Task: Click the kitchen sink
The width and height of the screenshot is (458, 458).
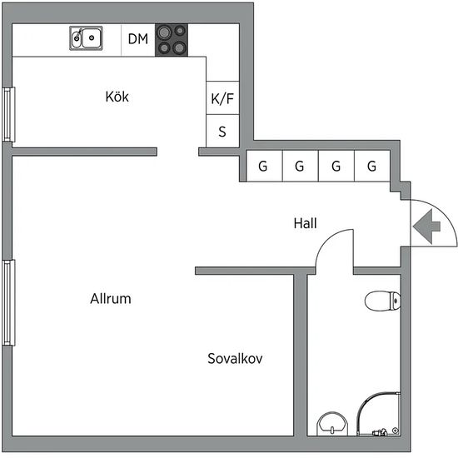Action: [86, 38]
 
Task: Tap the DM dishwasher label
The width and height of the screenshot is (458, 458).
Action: [138, 39]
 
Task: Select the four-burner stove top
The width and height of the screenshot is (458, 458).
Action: [172, 40]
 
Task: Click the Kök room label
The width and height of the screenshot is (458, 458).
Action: [117, 97]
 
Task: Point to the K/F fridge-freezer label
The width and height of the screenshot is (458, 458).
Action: [222, 98]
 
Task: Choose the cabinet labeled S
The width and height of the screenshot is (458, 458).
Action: [222, 131]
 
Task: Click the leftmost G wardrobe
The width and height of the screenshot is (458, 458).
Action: [264, 166]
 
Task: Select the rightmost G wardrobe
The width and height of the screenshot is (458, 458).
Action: [372, 166]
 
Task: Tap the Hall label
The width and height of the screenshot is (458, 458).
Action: [306, 223]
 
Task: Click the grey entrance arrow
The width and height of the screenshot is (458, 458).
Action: [426, 226]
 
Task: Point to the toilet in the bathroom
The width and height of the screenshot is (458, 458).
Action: [383, 301]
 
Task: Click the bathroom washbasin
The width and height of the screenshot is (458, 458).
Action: [332, 424]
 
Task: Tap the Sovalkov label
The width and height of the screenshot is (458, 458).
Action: [235, 358]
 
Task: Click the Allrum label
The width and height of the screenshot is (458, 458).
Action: [111, 298]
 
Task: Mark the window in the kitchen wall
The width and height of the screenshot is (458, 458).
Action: [8, 115]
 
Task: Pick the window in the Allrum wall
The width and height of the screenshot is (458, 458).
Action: [8, 302]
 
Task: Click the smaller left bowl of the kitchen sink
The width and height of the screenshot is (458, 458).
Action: [77, 38]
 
